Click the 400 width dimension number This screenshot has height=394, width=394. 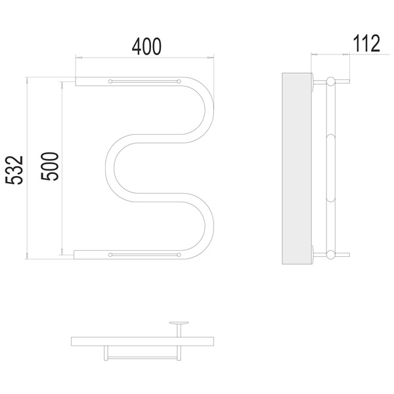click(x=146, y=47)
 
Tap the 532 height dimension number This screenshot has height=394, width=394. click(x=14, y=170)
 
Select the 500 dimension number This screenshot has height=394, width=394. click(x=50, y=166)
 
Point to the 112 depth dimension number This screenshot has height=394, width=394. click(x=366, y=43)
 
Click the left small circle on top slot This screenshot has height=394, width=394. click(x=110, y=81)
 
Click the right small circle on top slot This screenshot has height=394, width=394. click(x=179, y=81)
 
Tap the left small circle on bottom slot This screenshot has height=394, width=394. click(x=110, y=255)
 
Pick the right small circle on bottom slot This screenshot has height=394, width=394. click(x=179, y=255)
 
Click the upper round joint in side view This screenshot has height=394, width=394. click(x=330, y=81)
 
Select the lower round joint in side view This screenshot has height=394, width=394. click(x=330, y=255)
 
